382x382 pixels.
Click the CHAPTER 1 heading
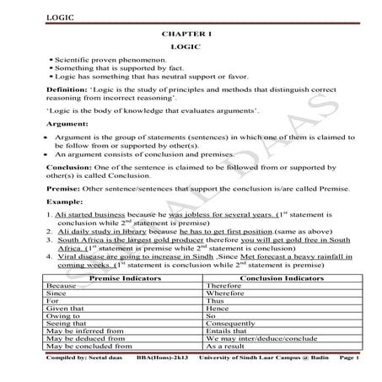(183, 33)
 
